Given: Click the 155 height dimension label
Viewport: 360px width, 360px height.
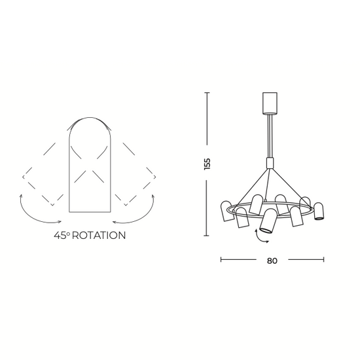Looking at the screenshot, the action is click(x=207, y=164).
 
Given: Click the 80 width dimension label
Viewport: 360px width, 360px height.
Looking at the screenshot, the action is click(x=272, y=261).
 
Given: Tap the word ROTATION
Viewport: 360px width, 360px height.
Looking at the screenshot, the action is click(x=99, y=236).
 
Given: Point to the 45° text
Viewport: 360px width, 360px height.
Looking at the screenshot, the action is click(x=62, y=236).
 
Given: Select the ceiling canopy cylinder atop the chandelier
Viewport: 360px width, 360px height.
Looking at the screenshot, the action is click(x=270, y=103).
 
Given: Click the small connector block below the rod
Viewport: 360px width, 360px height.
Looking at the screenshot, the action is click(x=270, y=163).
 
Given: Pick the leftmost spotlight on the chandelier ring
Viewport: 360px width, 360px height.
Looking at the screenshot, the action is click(x=226, y=211).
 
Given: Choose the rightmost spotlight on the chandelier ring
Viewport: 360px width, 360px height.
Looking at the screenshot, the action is click(x=319, y=211).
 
